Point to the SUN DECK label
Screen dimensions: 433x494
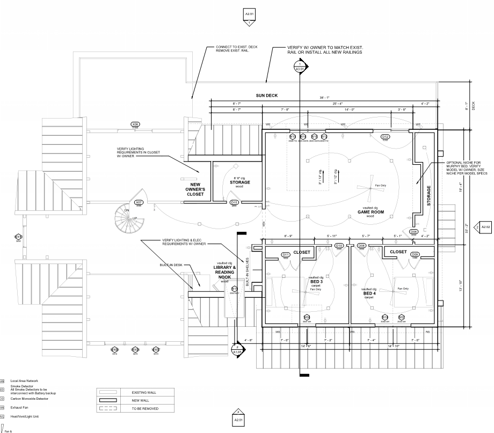pos(267,95)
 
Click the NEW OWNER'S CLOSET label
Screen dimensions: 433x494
pos(195,188)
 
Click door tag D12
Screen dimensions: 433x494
pos(385,137)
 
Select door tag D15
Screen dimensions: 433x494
pos(234,203)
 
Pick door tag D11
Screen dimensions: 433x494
pos(286,254)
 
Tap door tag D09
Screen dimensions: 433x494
pos(415,254)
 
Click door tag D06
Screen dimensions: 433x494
pos(413,232)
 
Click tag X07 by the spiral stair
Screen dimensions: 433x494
pos(139,202)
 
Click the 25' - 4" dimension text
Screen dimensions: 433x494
pos(338,103)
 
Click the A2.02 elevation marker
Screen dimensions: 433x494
pos(485,227)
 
